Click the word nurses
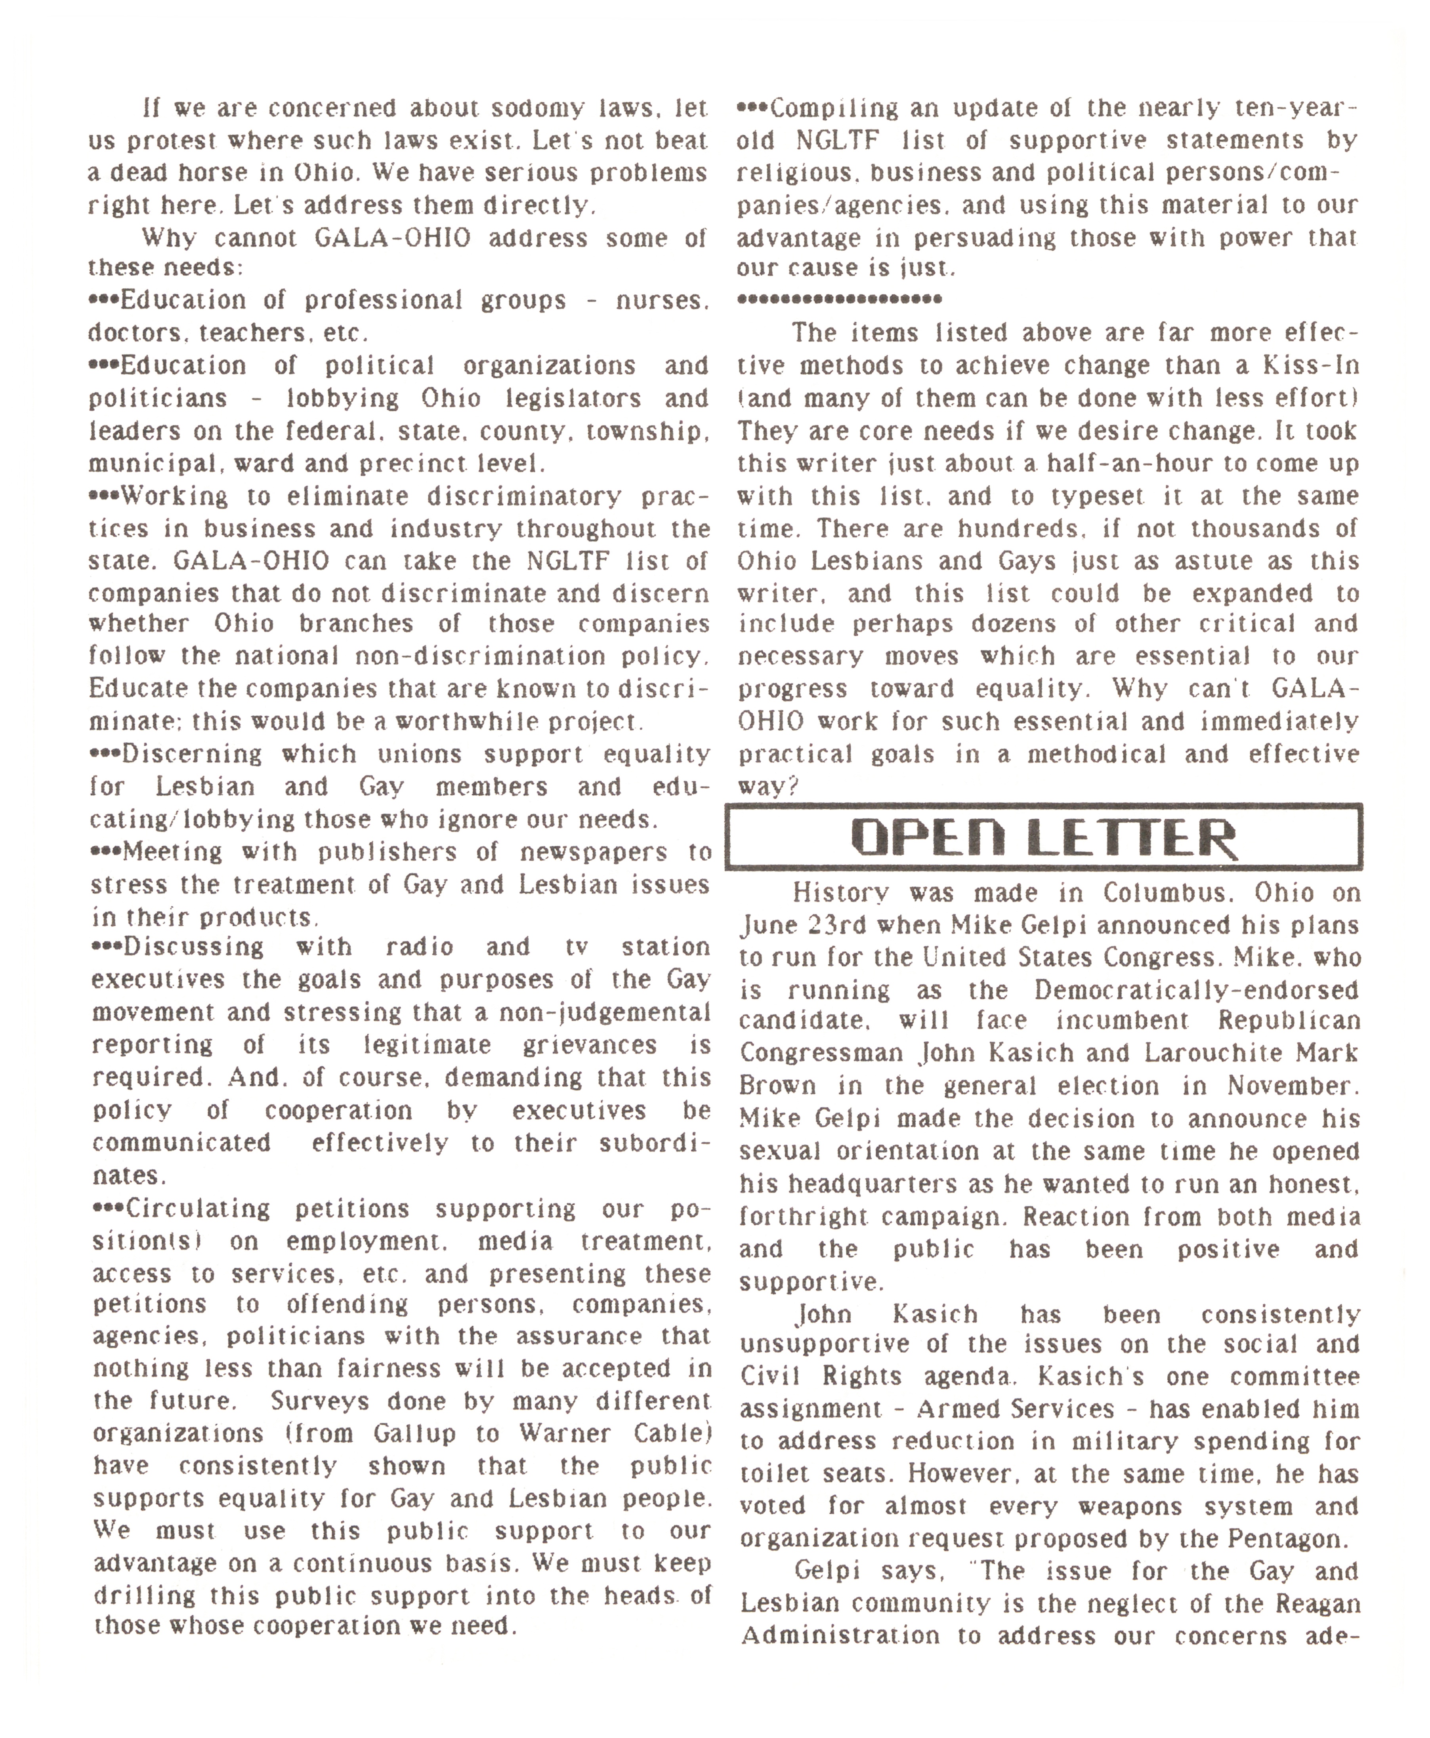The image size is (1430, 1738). point(661,301)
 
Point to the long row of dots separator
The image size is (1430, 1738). point(838,300)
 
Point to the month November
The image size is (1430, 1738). point(1292,1087)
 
